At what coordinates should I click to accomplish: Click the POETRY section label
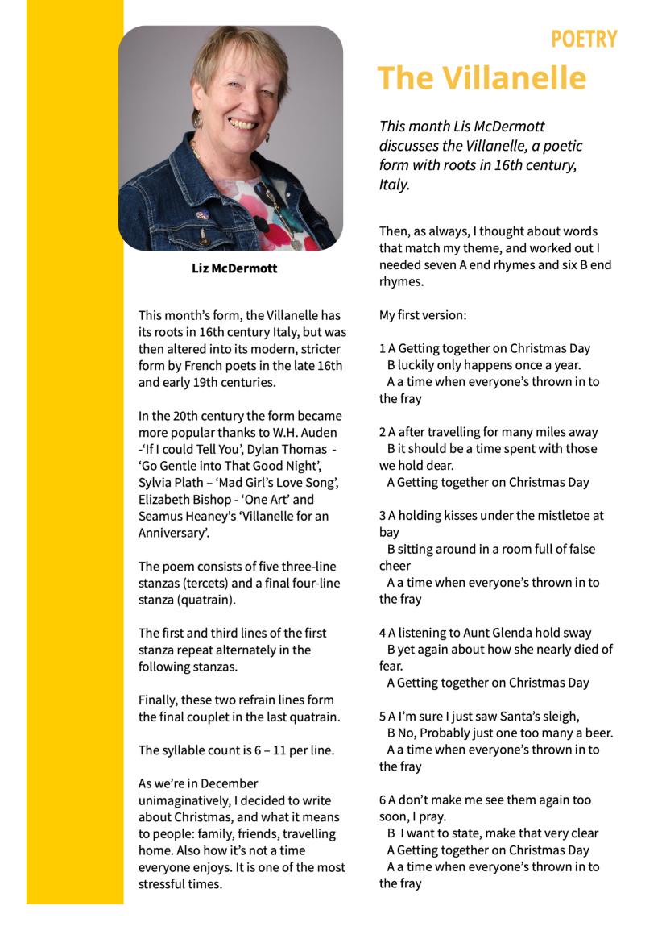point(584,39)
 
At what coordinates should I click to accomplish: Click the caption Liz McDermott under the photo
point(234,268)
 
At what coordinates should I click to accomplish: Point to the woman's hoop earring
point(198,120)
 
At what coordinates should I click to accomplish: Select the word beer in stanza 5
point(598,733)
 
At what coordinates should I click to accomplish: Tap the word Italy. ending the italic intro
point(395,184)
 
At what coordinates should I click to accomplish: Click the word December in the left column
point(230,783)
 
